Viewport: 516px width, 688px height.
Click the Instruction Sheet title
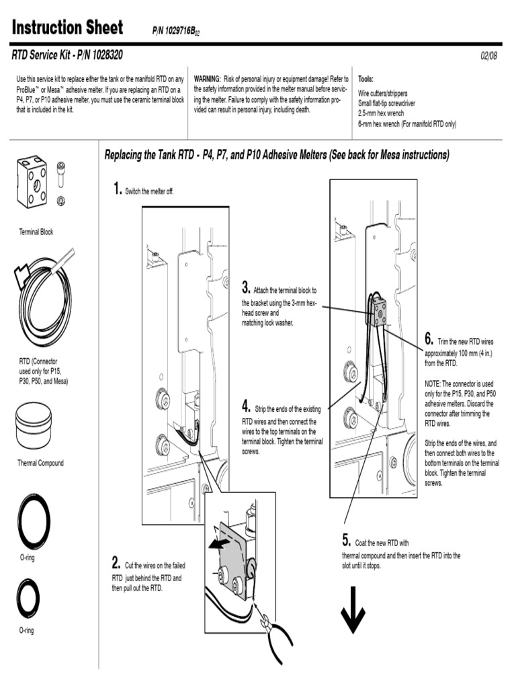coord(67,28)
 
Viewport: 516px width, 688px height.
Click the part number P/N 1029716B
coord(177,31)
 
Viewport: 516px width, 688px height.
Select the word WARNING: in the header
coord(208,79)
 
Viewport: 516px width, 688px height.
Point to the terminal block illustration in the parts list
coord(32,182)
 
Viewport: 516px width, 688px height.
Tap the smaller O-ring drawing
coord(28,597)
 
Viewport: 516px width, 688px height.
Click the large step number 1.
coord(118,189)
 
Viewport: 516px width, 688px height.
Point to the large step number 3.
coord(246,288)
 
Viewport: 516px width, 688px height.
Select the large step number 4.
coord(247,406)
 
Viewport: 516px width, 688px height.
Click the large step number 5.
coord(347,540)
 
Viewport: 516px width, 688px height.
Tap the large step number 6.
coord(429,338)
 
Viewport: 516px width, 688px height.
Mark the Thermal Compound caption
coord(40,463)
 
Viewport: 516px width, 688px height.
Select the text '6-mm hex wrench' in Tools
coord(382,124)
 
